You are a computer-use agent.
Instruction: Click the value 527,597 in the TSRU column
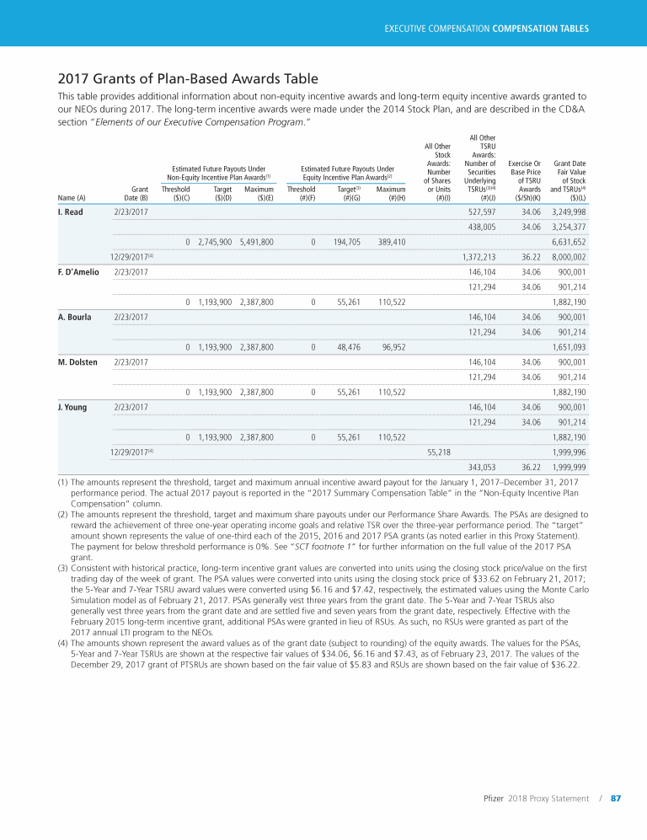click(481, 211)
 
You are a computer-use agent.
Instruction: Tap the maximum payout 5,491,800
click(256, 242)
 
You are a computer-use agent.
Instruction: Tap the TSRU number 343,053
click(481, 467)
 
